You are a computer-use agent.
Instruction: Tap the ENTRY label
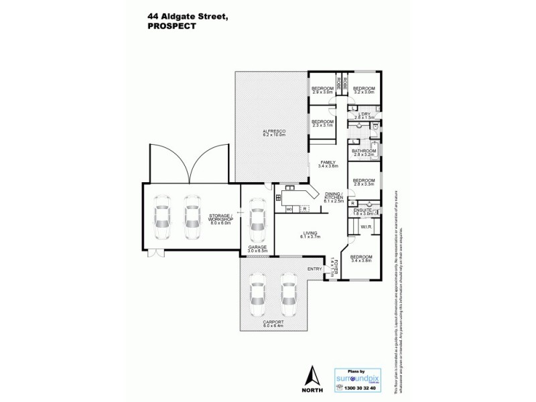point(314,269)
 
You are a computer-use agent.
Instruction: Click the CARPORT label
point(273,323)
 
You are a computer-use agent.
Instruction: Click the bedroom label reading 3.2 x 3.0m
point(364,92)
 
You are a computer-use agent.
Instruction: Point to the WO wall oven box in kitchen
point(290,210)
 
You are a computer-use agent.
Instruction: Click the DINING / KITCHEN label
point(334,197)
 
